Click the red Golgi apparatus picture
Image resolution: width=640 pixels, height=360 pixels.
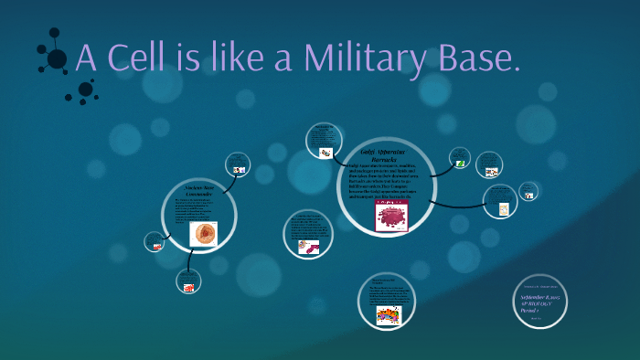[391, 217]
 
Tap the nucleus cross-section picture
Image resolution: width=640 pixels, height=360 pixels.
[203, 234]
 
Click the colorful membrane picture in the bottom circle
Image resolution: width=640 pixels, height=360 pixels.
[389, 315]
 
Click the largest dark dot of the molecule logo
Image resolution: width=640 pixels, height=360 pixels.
[57, 59]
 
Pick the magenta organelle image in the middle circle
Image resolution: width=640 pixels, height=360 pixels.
[309, 245]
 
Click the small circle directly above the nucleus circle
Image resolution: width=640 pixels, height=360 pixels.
[238, 165]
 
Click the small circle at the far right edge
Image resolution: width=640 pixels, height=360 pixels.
[528, 191]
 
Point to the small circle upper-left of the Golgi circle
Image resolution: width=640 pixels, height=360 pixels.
[324, 142]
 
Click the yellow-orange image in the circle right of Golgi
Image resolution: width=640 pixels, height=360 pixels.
[502, 208]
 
